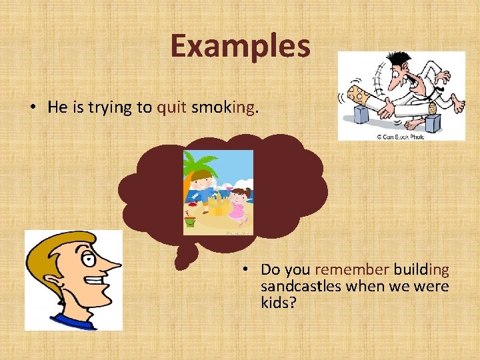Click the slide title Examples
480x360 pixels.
coord(240,46)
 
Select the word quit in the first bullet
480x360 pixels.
coord(172,108)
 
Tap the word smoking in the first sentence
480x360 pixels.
coord(223,108)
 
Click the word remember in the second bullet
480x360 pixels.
coord(351,270)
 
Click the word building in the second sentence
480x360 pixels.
coord(421,270)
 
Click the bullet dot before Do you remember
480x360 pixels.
coord(245,270)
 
